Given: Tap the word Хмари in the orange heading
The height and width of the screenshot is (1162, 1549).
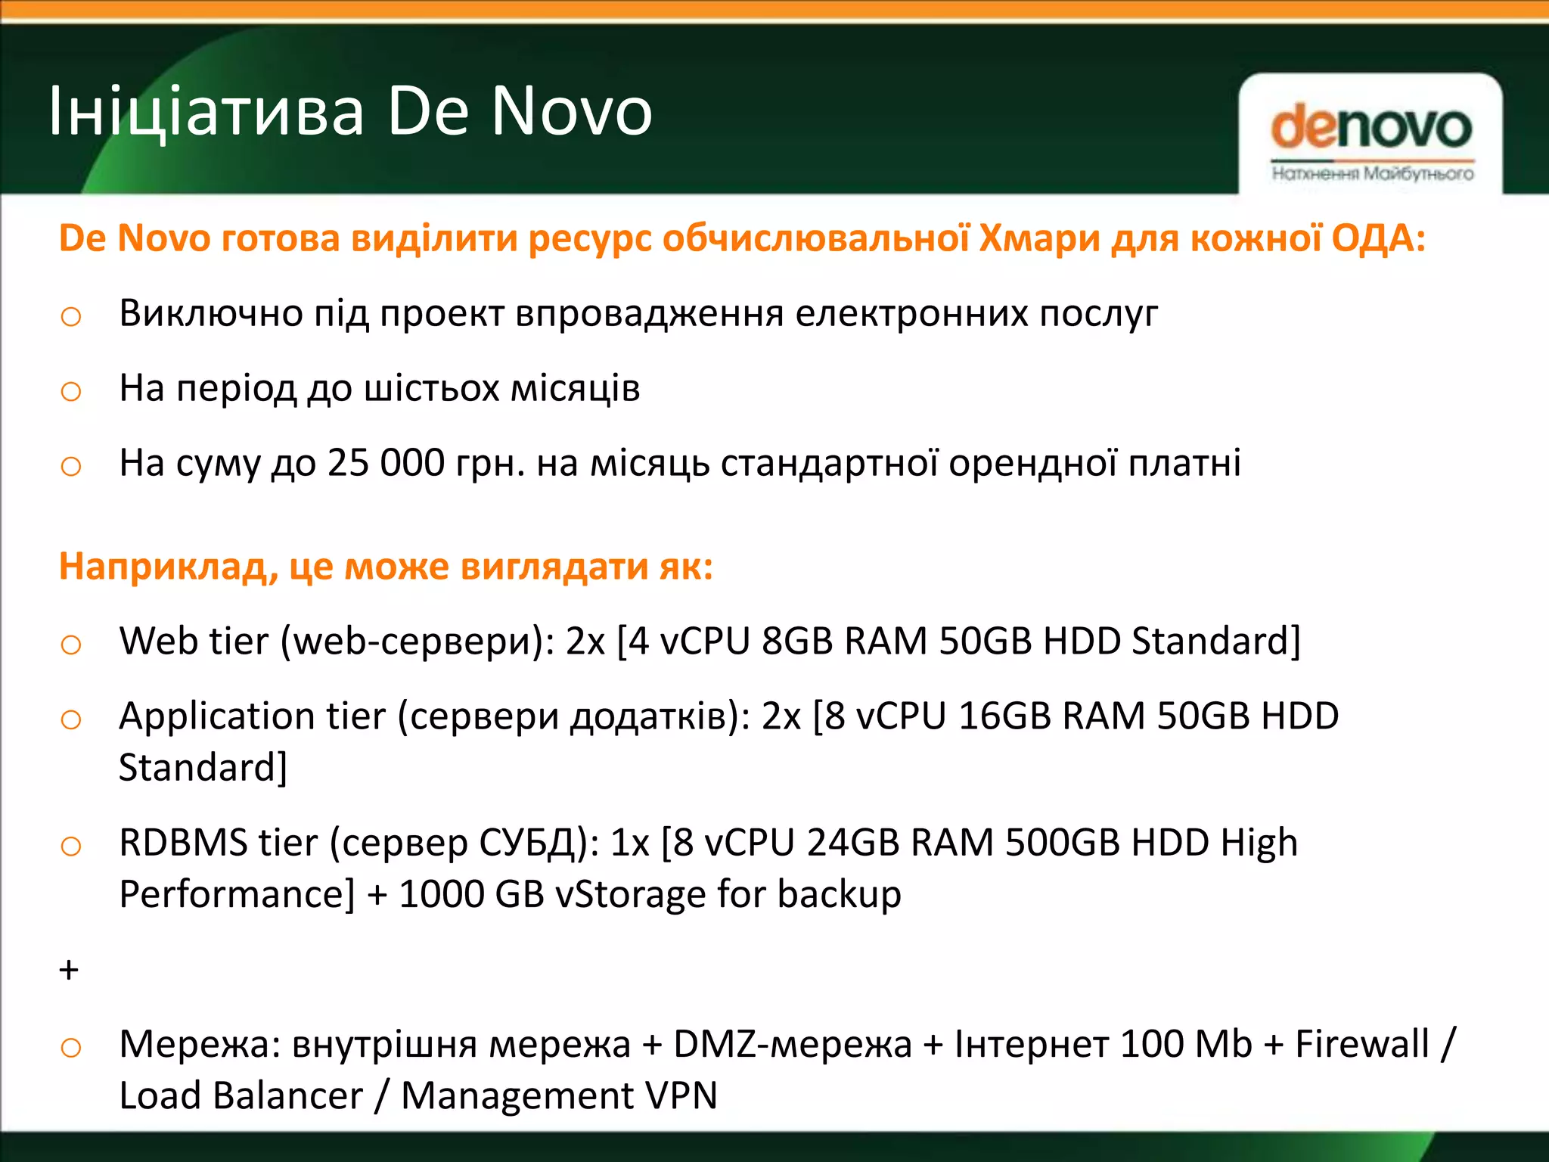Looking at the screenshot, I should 1039,238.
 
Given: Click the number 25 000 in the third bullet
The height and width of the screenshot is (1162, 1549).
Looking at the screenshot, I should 386,463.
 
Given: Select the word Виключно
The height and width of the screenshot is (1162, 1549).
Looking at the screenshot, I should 211,313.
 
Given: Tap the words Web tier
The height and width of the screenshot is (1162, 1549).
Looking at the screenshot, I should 194,641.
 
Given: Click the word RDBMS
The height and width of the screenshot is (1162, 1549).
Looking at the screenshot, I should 183,843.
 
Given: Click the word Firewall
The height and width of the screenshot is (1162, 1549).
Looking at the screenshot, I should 1361,1044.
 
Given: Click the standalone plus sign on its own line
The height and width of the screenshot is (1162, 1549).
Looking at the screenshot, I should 69,970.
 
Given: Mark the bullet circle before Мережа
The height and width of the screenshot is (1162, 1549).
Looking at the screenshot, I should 70,1048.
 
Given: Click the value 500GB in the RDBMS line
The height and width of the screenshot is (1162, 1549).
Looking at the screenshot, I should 1062,843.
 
